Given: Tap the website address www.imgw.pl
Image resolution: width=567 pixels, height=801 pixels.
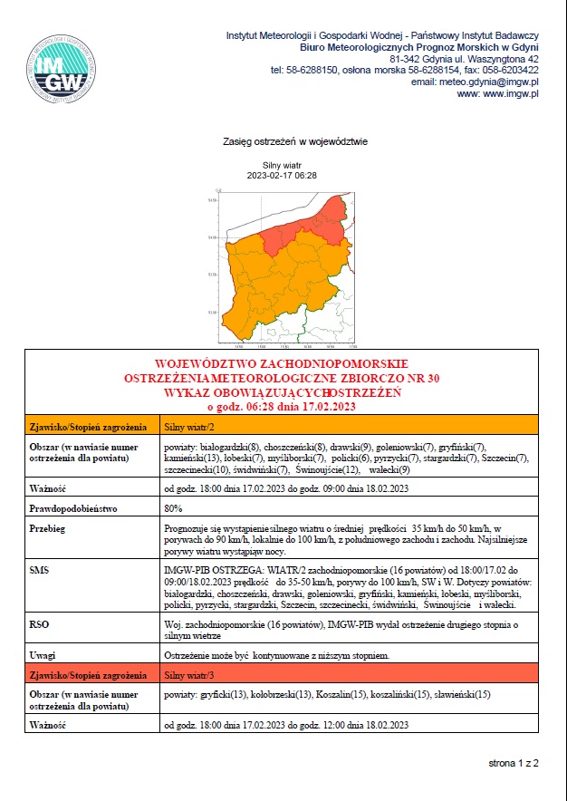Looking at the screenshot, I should pyautogui.click(x=497, y=93).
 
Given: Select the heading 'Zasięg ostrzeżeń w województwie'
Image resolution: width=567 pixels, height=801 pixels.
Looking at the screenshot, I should pyautogui.click(x=295, y=142).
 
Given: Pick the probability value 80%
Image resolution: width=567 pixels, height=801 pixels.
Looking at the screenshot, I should pyautogui.click(x=174, y=508).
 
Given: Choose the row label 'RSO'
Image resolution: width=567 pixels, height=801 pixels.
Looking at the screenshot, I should pyautogui.click(x=39, y=625).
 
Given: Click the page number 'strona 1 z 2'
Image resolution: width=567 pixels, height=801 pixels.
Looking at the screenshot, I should pyautogui.click(x=514, y=764).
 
